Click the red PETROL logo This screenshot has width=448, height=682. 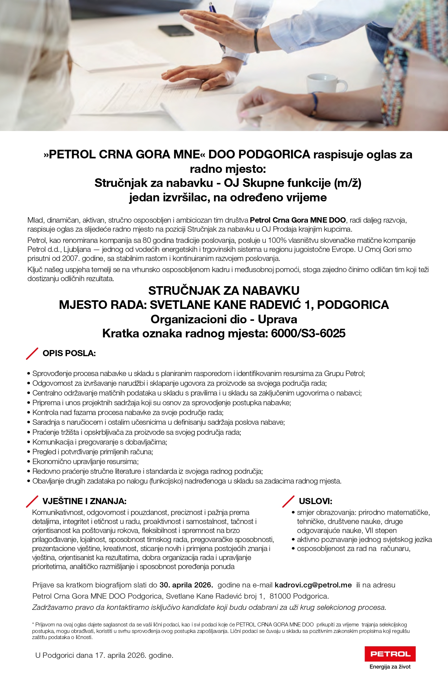pos(390,653)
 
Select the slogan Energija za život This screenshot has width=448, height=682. pos(390,666)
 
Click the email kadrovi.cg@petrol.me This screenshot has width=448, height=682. pos(313,585)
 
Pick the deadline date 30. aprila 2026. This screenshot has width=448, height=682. pos(186,585)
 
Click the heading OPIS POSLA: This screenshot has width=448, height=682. pos(69,353)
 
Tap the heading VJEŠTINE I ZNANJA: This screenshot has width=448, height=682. pos(84,501)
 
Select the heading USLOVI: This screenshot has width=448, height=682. pos(316,501)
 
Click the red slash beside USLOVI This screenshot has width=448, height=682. pos(288,501)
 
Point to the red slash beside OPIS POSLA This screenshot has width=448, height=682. pos(32,354)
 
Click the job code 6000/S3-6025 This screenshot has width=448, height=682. pos(308,333)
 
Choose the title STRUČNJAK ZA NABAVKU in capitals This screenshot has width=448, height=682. pos(224,290)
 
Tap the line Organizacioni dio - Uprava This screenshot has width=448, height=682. pos(224,319)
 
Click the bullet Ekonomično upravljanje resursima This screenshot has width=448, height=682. pos(86,462)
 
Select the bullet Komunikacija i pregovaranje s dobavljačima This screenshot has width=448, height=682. pos(100,442)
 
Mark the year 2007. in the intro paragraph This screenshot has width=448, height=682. pos(70,258)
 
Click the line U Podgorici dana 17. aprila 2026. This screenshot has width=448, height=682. pos(104,655)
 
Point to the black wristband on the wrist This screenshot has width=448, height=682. pos(257,40)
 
